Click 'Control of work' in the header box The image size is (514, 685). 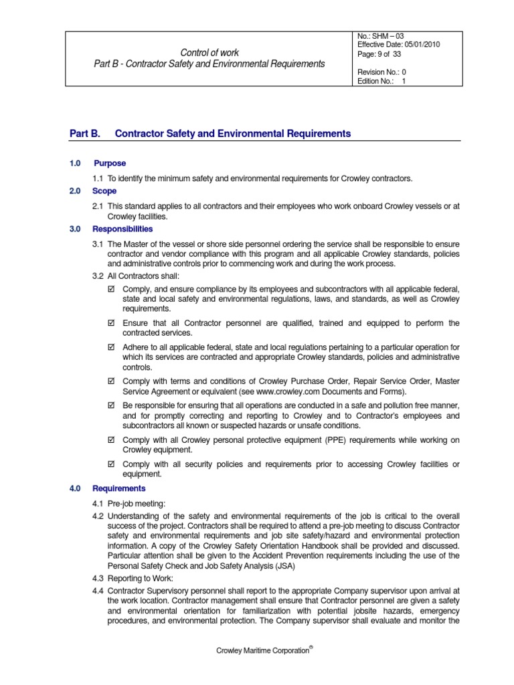tap(210, 52)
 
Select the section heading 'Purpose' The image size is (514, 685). tap(110, 163)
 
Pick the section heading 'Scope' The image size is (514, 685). tap(105, 191)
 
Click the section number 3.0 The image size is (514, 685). tap(75, 229)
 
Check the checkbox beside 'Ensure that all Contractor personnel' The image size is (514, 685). tap(112, 324)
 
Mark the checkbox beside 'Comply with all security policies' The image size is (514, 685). tap(112, 464)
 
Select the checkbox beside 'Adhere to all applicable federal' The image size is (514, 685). tap(112, 347)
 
